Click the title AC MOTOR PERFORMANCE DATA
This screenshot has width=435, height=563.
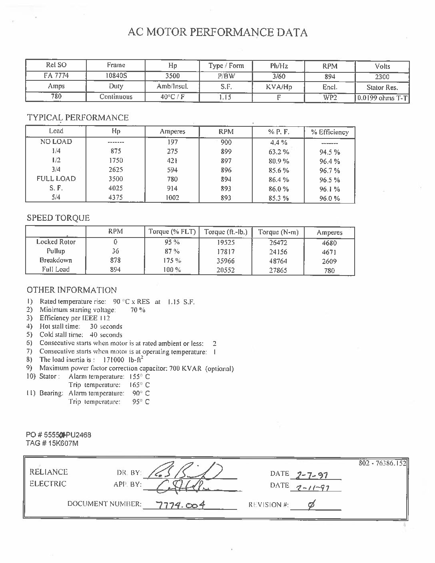point(217,32)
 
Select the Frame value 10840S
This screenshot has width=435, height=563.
point(116,76)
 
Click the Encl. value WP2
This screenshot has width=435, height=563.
point(330,97)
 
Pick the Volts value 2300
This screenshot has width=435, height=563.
point(382,77)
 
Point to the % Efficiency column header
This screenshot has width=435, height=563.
point(330,132)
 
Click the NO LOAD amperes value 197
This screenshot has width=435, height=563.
point(172,142)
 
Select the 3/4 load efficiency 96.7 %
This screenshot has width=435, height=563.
point(330,171)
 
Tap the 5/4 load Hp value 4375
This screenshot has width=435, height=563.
point(116,198)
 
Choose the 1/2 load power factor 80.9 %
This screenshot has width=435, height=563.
point(279,161)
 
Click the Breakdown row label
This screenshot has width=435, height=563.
point(56,260)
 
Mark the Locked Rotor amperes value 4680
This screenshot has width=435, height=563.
point(329,243)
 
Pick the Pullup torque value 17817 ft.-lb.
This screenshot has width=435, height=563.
point(225,252)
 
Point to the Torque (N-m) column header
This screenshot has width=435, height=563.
point(278,232)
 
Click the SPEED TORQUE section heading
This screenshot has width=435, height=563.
point(58,218)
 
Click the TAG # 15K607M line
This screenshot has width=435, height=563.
point(52,443)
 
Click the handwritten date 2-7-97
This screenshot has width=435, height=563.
point(311,475)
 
